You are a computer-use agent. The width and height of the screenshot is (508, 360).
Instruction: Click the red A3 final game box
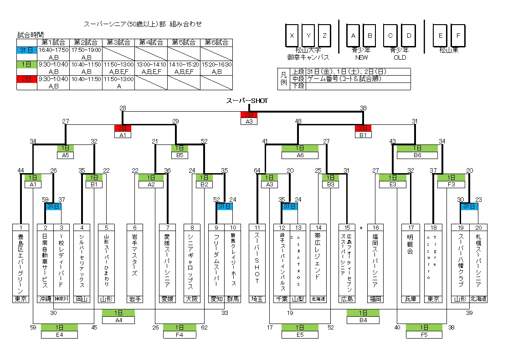(249, 121)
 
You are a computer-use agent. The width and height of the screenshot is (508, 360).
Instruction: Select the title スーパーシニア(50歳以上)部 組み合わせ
(143, 24)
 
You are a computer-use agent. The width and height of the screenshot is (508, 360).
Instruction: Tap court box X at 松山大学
(292, 36)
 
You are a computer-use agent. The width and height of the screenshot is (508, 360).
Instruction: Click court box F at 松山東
(458, 36)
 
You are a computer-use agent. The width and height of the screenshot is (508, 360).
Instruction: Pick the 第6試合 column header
(216, 42)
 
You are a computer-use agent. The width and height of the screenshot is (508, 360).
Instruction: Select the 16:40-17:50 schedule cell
(53, 50)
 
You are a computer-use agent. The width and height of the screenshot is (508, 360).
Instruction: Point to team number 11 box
(257, 227)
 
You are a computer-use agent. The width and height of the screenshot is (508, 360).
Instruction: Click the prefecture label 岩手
(135, 299)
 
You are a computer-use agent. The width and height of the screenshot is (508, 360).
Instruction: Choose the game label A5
(66, 155)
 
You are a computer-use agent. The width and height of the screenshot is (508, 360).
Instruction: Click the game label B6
(417, 155)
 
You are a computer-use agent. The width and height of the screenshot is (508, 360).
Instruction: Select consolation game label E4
(59, 335)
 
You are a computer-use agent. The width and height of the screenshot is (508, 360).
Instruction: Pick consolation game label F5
(424, 335)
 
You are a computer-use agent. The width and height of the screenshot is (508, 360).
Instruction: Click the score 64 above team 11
(257, 171)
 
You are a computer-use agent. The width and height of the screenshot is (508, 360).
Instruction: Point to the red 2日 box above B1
(363, 128)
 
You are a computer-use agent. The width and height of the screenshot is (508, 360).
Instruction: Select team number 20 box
(478, 227)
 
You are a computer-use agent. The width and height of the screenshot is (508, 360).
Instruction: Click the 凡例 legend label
(283, 78)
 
